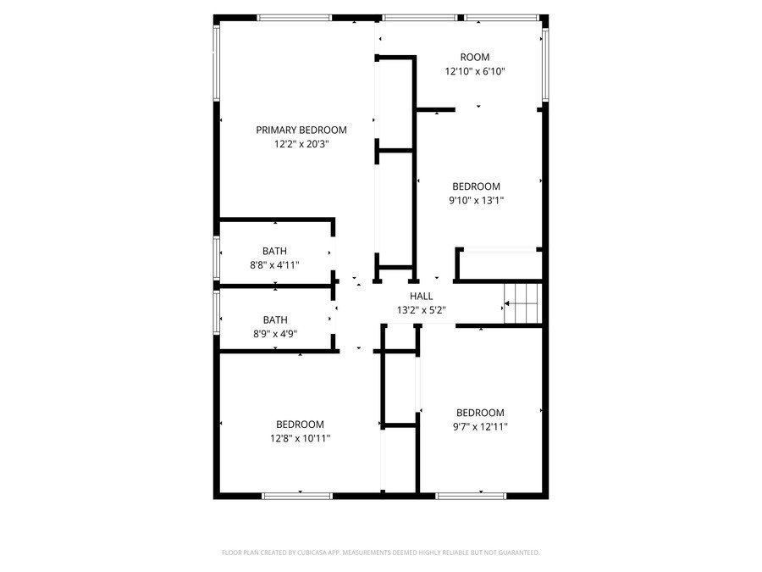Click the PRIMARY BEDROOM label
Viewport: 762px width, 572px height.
click(301, 130)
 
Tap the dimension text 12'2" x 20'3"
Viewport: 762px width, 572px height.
click(301, 144)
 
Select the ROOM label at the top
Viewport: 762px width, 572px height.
click(475, 58)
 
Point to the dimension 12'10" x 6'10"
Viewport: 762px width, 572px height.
click(475, 72)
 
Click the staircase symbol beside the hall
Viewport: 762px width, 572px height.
click(522, 303)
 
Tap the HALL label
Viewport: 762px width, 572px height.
click(421, 296)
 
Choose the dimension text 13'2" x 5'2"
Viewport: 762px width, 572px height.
click(421, 310)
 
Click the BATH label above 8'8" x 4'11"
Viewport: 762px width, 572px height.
click(274, 251)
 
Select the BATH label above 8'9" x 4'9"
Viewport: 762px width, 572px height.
click(274, 319)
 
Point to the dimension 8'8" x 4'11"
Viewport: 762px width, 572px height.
click(274, 265)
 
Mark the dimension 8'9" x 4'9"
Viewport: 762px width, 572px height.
click(274, 334)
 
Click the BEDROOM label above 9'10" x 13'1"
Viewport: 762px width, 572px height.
click(476, 186)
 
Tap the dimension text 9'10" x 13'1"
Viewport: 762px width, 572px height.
click(476, 201)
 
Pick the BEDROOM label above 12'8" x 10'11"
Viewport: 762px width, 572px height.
click(300, 425)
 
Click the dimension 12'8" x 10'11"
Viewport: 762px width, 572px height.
click(300, 439)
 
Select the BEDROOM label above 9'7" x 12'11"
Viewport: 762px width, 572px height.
click(480, 413)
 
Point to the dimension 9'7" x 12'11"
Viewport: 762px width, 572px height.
click(480, 427)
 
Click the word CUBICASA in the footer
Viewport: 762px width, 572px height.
click(317, 553)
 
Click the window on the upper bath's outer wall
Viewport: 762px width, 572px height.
click(218, 258)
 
